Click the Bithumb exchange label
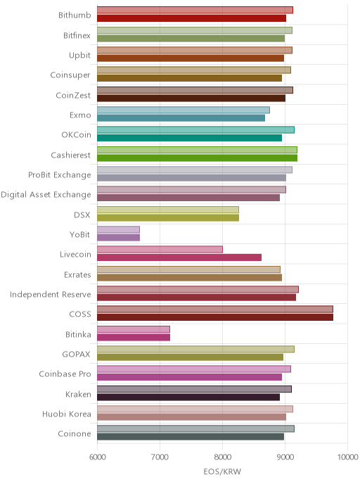[x=75, y=15]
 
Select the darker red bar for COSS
[x=215, y=317]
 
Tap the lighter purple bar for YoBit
[x=118, y=229]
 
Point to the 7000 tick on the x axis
[x=160, y=457]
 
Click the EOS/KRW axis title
[x=222, y=471]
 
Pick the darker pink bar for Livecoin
[x=179, y=257]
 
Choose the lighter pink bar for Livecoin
[x=160, y=250]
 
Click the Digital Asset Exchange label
[x=46, y=195]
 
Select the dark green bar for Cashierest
[x=197, y=158]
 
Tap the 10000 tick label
[x=347, y=457]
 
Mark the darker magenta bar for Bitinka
[x=134, y=338]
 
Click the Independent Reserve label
[x=51, y=295]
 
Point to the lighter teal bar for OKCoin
[x=195, y=130]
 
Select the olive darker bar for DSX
[x=168, y=217]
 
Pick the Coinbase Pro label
[x=65, y=374]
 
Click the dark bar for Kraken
[x=188, y=397]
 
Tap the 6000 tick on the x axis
[x=97, y=457]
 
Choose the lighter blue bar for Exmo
[x=184, y=110]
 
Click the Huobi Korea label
[x=67, y=414]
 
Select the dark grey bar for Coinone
[x=191, y=437]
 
